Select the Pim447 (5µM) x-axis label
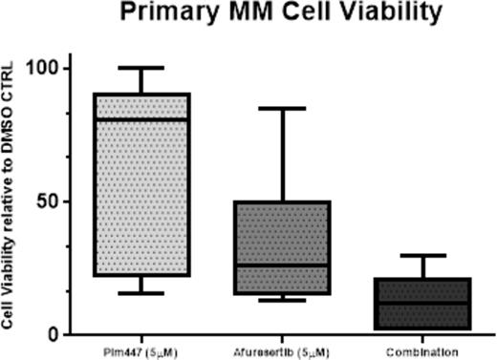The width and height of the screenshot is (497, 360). tap(140, 351)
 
